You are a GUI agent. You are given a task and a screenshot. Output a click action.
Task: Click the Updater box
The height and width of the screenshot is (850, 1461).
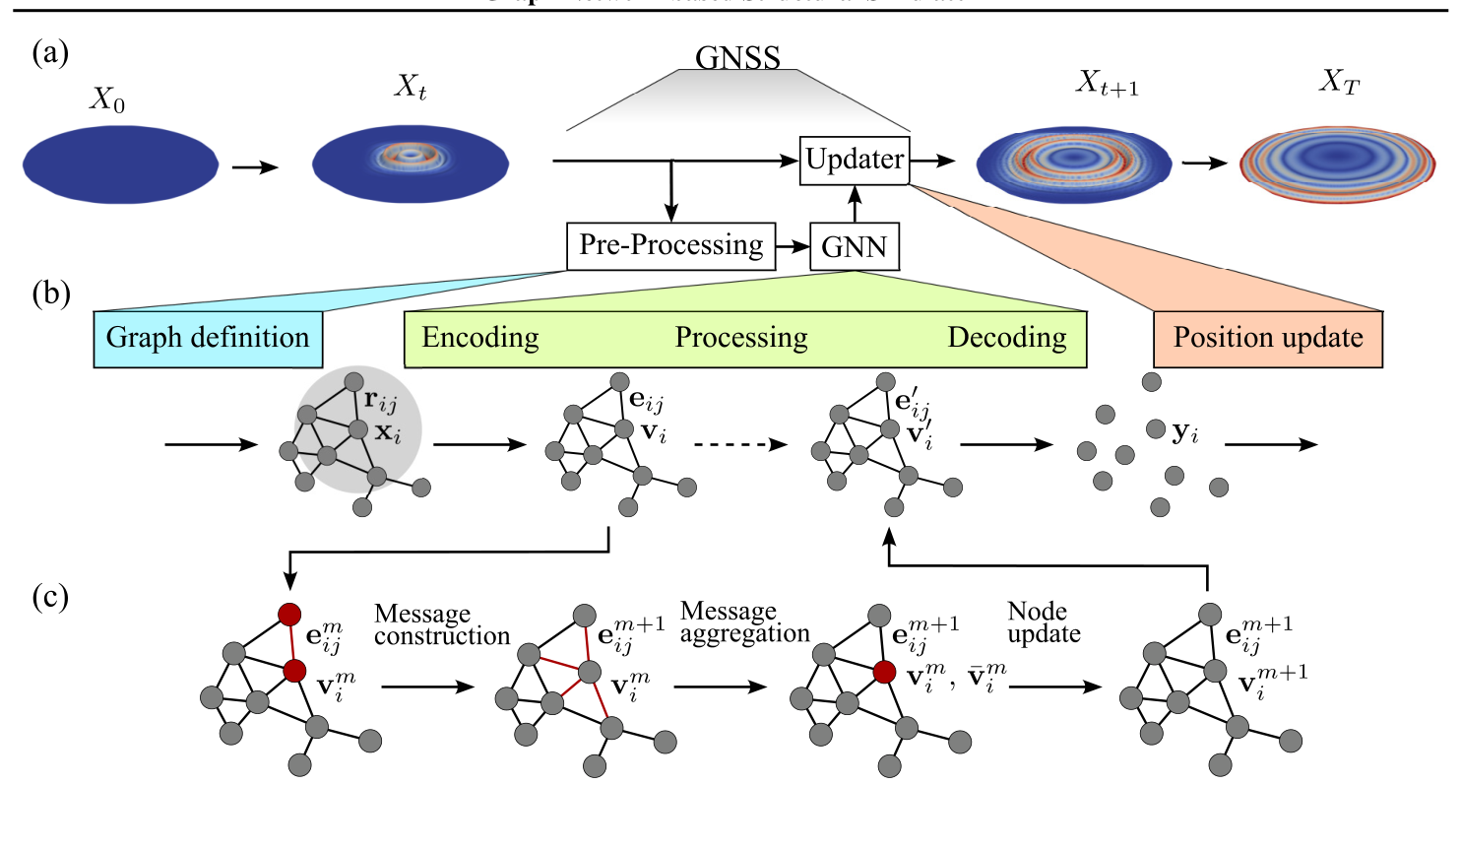point(855,160)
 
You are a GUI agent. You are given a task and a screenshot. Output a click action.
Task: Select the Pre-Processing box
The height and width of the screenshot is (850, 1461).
point(670,245)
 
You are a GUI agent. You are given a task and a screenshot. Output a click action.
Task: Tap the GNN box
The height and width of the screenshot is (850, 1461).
point(855,246)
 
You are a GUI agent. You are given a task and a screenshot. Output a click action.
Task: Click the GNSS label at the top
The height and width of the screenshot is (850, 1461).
point(737,58)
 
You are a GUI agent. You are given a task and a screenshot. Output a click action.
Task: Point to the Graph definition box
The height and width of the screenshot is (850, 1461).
point(208,339)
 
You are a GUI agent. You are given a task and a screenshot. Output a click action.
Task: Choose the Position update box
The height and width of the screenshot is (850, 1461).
point(1268,339)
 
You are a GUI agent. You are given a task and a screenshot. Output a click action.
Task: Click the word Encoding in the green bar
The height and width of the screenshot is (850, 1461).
point(480,338)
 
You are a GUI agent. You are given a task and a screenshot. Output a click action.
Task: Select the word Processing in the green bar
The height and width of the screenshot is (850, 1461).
point(741,338)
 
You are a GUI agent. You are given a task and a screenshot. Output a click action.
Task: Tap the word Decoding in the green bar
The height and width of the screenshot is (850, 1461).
point(1007,338)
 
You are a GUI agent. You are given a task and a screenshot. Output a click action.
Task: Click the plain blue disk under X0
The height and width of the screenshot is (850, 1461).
point(120,164)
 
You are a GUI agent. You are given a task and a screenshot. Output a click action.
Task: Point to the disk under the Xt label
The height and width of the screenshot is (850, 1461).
point(411,163)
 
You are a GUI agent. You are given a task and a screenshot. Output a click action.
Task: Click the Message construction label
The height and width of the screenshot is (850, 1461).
point(441,625)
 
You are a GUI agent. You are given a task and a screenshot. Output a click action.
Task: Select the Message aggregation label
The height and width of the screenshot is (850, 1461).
point(744,622)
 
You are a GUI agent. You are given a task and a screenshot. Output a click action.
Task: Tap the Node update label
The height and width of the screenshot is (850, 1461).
point(1044,622)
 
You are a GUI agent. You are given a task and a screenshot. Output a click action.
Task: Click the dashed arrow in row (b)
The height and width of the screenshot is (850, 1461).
point(740,445)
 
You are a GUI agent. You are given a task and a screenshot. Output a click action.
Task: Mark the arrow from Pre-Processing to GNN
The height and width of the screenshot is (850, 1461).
point(792,246)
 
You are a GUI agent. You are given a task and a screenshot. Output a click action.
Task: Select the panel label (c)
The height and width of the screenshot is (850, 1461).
point(50,597)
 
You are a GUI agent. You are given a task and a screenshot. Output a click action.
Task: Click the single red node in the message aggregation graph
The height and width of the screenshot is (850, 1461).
point(884,672)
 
